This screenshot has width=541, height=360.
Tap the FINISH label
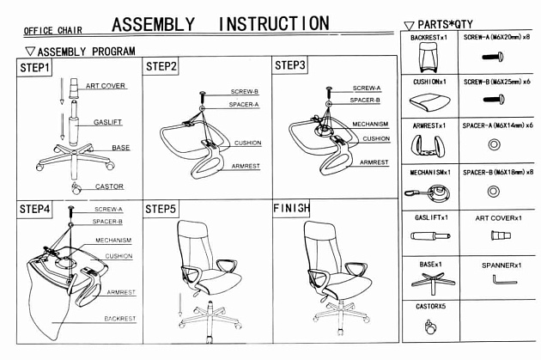[291, 209]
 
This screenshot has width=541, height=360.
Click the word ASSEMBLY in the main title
[153, 24]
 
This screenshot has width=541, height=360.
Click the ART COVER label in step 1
[105, 86]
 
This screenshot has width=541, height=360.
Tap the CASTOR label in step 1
[109, 186]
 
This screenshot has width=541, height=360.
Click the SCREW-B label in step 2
[244, 91]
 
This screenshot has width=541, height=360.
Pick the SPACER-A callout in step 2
[244, 104]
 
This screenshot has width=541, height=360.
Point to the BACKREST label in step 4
[119, 318]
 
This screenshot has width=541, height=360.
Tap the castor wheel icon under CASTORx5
[429, 326]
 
